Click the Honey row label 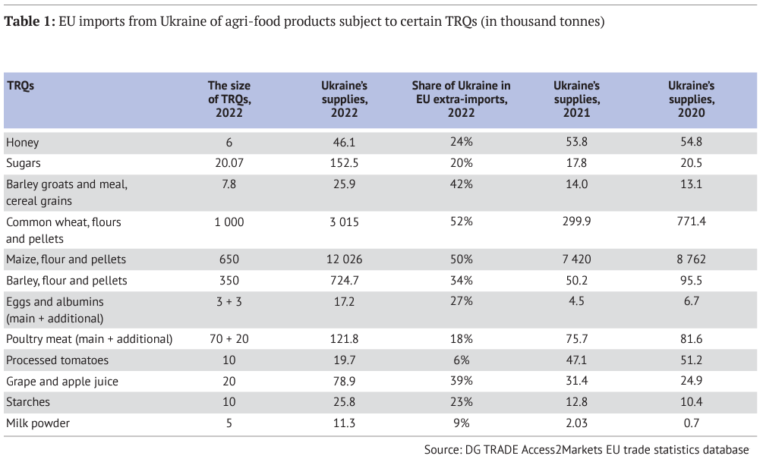[22, 142]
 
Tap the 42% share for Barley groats [461, 184]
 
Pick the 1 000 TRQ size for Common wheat [229, 222]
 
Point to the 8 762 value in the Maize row [691, 259]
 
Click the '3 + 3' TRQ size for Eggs [229, 302]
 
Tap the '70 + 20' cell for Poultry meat [229, 339]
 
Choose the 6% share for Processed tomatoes [461, 360]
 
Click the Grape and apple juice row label [61, 382]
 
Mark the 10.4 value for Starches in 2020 [691, 403]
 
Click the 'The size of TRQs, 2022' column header [229, 99]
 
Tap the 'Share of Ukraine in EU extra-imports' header [461, 99]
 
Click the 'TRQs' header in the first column [20, 86]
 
